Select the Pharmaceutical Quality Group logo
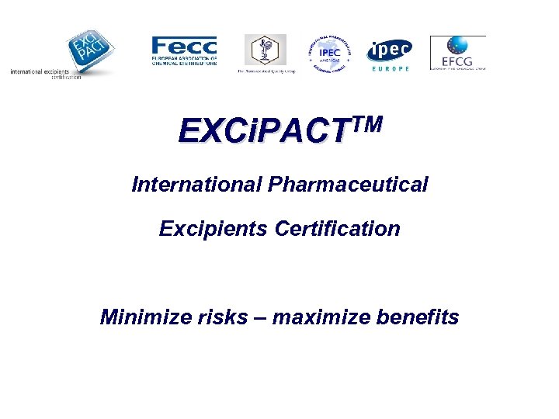[266, 52]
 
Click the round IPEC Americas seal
[328, 53]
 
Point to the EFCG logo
[457, 53]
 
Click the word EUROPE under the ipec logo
[390, 69]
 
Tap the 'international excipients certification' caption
[45, 74]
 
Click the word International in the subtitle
[197, 185]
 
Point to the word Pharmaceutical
[348, 185]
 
